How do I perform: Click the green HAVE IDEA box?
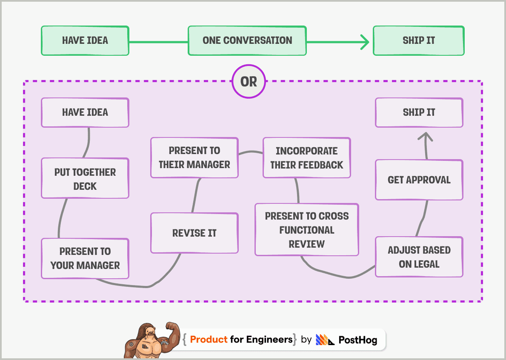(85, 41)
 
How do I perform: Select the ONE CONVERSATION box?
(247, 41)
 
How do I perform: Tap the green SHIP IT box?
(419, 41)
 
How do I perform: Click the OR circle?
(249, 81)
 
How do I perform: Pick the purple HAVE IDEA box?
(85, 113)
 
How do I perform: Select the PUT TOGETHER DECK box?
(85, 179)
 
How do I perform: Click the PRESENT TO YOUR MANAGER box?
(85, 258)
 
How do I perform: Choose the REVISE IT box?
(194, 233)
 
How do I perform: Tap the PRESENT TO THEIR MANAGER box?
(194, 157)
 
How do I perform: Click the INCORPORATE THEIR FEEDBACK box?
(306, 158)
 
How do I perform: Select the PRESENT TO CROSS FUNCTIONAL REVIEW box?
(306, 230)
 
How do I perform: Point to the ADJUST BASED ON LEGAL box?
(419, 257)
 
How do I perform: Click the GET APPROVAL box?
(419, 180)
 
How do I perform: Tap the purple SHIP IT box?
(419, 113)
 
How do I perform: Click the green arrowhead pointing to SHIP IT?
(364, 42)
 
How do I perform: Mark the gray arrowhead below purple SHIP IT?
(425, 136)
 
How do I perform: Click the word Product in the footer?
(209, 340)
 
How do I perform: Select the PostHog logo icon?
(325, 340)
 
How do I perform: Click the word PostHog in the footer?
(357, 340)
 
